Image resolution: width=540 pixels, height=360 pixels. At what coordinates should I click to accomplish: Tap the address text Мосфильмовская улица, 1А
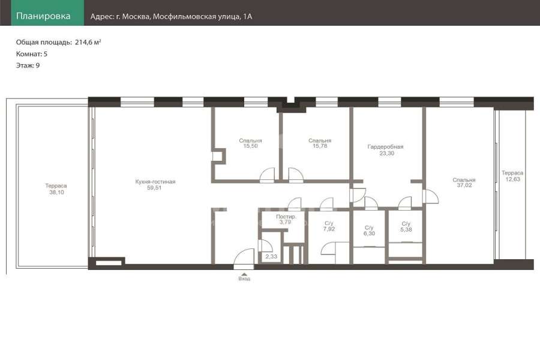tap(203, 17)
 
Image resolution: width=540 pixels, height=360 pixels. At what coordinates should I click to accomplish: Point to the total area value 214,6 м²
tap(88, 43)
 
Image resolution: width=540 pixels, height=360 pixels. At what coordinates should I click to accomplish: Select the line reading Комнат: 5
tap(32, 54)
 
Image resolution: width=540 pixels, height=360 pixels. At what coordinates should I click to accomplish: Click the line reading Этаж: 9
tap(28, 65)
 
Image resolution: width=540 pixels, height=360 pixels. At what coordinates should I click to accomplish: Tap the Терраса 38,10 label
tap(56, 189)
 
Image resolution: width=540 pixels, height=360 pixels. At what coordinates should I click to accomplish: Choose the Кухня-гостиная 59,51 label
tap(155, 185)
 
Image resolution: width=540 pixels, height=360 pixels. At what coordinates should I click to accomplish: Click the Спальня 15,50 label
tap(250, 143)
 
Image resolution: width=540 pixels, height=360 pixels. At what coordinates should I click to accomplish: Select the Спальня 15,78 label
tap(320, 143)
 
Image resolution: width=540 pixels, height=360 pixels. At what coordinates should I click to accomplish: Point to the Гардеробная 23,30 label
tap(386, 150)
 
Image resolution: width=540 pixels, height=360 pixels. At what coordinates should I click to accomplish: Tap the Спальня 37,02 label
tap(464, 182)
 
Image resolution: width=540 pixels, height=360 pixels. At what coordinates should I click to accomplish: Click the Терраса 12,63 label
tap(512, 176)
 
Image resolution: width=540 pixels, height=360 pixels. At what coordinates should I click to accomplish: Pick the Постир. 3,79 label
tap(286, 220)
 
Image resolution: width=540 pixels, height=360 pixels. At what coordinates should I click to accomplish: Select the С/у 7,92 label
tap(329, 226)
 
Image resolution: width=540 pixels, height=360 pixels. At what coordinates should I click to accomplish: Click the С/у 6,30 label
tap(369, 230)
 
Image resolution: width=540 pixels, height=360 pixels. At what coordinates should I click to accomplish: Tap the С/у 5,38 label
tap(406, 227)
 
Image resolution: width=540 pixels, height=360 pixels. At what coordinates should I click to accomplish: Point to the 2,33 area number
tap(271, 257)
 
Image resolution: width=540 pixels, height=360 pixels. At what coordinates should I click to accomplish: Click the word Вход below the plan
tap(244, 278)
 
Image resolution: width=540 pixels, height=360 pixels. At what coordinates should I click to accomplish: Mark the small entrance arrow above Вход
tap(244, 274)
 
